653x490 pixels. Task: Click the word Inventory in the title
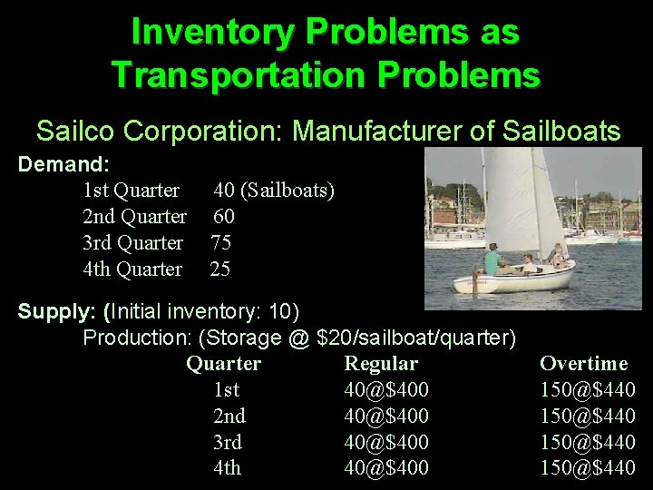tap(207, 32)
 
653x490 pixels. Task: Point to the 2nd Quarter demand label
tap(134, 217)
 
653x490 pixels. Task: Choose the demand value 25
tap(220, 269)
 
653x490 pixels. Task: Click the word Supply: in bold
tap(57, 311)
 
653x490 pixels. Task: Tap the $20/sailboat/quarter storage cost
tap(416, 338)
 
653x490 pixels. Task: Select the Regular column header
tap(381, 364)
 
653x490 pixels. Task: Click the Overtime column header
tap(583, 364)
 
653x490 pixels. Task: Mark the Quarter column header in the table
tap(223, 364)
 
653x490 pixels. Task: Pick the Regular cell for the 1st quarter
tap(386, 390)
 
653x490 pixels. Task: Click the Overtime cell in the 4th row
tap(587, 468)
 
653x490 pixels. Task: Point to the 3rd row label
tap(227, 443)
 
